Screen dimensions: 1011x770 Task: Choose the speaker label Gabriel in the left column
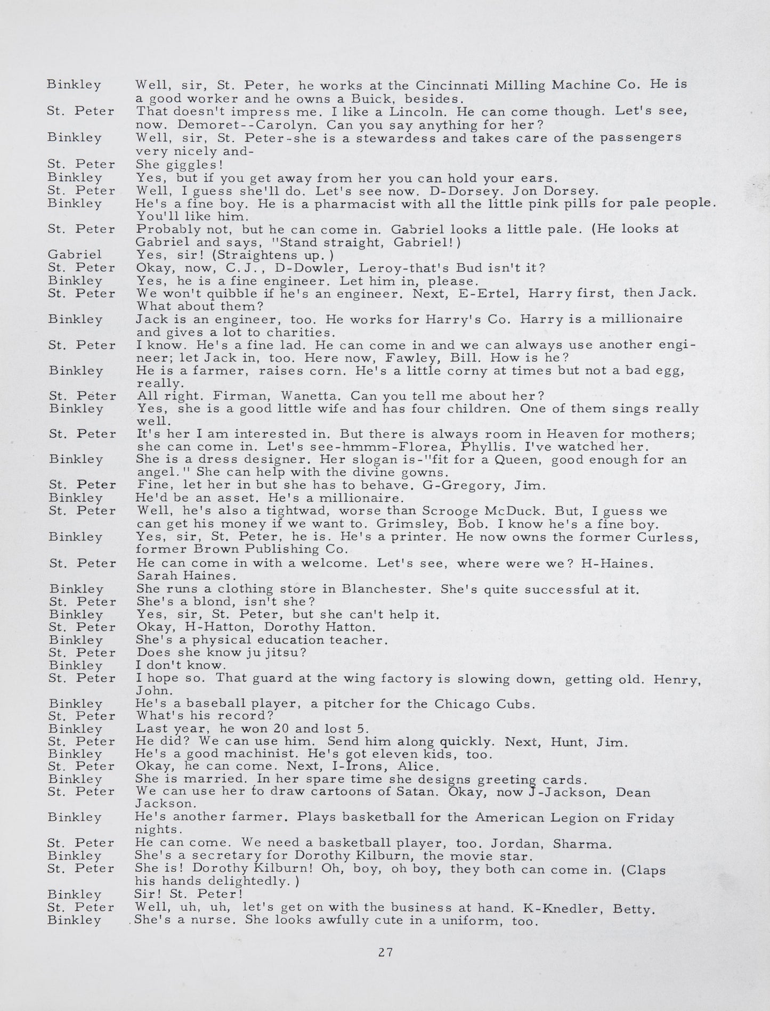(75, 255)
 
